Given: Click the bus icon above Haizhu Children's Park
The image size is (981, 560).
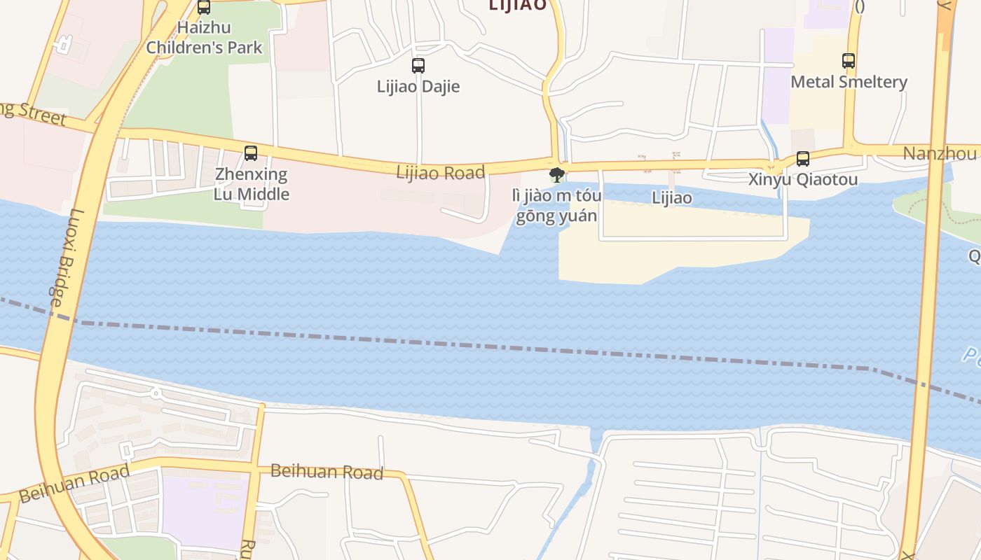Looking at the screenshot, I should click(x=204, y=8).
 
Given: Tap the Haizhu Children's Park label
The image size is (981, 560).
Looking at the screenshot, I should click(x=204, y=38).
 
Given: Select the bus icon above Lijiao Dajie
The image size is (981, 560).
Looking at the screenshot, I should click(x=418, y=66).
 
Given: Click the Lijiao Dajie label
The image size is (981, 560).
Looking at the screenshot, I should click(x=418, y=87).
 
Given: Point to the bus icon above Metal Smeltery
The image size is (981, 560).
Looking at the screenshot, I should click(x=849, y=61).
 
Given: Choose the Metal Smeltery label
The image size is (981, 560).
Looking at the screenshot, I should click(x=849, y=82).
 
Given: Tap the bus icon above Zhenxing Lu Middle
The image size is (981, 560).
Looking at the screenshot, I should click(x=251, y=153).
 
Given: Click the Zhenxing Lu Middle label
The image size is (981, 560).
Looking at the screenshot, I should click(x=252, y=184).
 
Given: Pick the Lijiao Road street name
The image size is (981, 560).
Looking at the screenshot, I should click(x=440, y=172).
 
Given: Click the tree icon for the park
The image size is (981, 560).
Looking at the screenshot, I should click(x=557, y=174).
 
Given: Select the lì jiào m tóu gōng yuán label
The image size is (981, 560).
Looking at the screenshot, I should click(x=558, y=206).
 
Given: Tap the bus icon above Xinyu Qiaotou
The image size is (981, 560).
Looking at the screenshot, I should click(x=803, y=159).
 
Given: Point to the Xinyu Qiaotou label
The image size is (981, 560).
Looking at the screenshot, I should click(x=803, y=180).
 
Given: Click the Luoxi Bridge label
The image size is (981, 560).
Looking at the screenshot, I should click(x=67, y=258).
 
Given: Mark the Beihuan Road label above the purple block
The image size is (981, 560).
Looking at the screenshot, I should click(x=327, y=472).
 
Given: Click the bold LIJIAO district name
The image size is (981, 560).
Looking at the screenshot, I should click(x=517, y=6).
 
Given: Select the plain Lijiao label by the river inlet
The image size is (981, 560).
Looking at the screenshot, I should click(x=672, y=198).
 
